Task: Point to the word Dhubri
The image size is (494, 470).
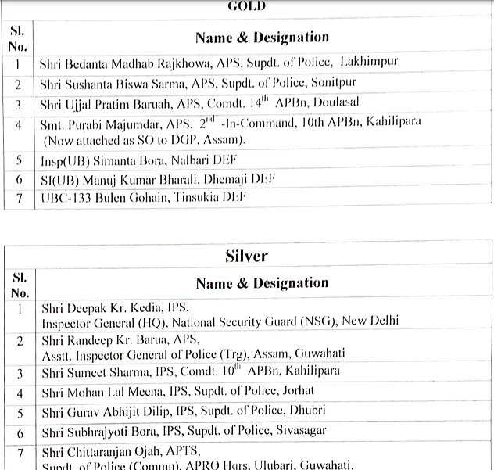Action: pyautogui.click(x=311, y=411)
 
